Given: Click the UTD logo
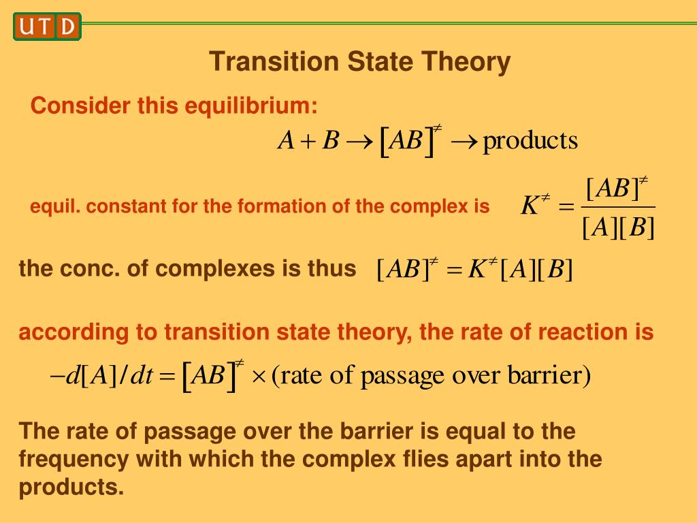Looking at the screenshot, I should coord(47,27).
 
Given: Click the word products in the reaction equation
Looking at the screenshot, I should coord(530,141).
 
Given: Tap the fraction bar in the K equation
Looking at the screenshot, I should coord(618,207).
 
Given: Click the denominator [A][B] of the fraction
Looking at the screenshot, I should coord(618,228).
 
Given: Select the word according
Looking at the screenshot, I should coord(71,332).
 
